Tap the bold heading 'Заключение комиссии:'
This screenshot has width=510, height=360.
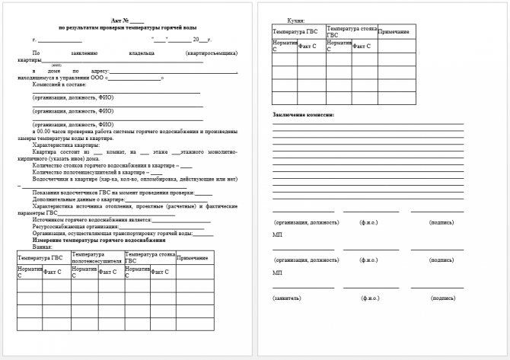coord(303,115)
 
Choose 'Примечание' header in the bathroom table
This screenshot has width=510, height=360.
coord(192,258)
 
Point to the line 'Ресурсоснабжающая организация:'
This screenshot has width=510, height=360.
coord(73,227)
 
